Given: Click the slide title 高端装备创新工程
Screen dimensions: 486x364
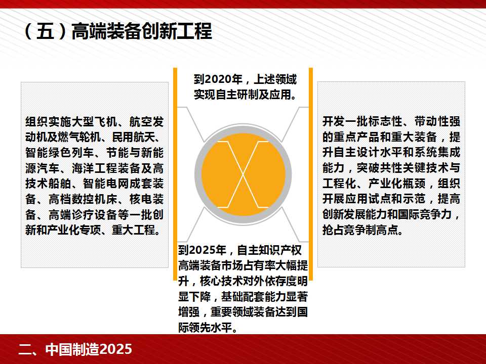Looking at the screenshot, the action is pyautogui.click(x=142, y=31).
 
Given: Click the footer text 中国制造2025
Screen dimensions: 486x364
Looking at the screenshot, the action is pyautogui.click(x=89, y=349).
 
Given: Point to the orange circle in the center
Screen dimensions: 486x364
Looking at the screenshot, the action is pyautogui.click(x=243, y=174).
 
